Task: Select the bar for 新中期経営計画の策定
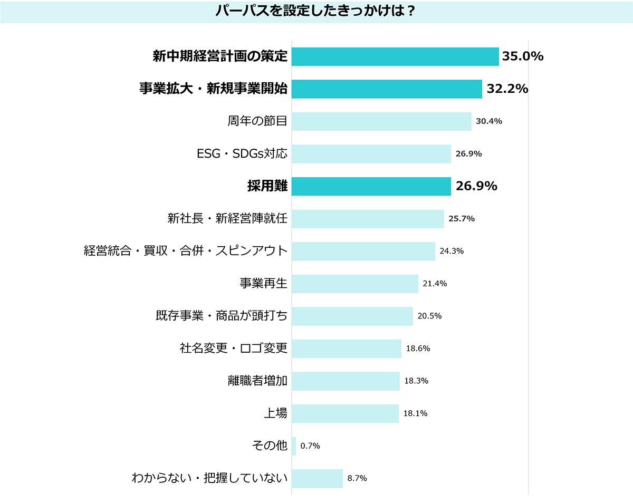coord(395,56)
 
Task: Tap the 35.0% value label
coord(522,56)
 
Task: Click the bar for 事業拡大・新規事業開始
coord(387,89)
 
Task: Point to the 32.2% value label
coord(507,89)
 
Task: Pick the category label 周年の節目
coord(257,121)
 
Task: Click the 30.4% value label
coord(488,121)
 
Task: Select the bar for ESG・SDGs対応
coord(371,154)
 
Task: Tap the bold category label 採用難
coord(267,186)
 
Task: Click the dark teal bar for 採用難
coord(371,186)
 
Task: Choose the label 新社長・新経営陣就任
coord(227,218)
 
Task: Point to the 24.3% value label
coord(451,251)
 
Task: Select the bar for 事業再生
coord(355,284)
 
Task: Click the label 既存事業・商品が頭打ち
coord(222,316)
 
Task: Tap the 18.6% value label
coord(418,349)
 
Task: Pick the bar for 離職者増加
coord(346,381)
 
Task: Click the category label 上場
coord(275,413)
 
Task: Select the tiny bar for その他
coord(294,446)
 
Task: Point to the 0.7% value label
coord(310,446)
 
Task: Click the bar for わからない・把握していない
coord(317,478)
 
